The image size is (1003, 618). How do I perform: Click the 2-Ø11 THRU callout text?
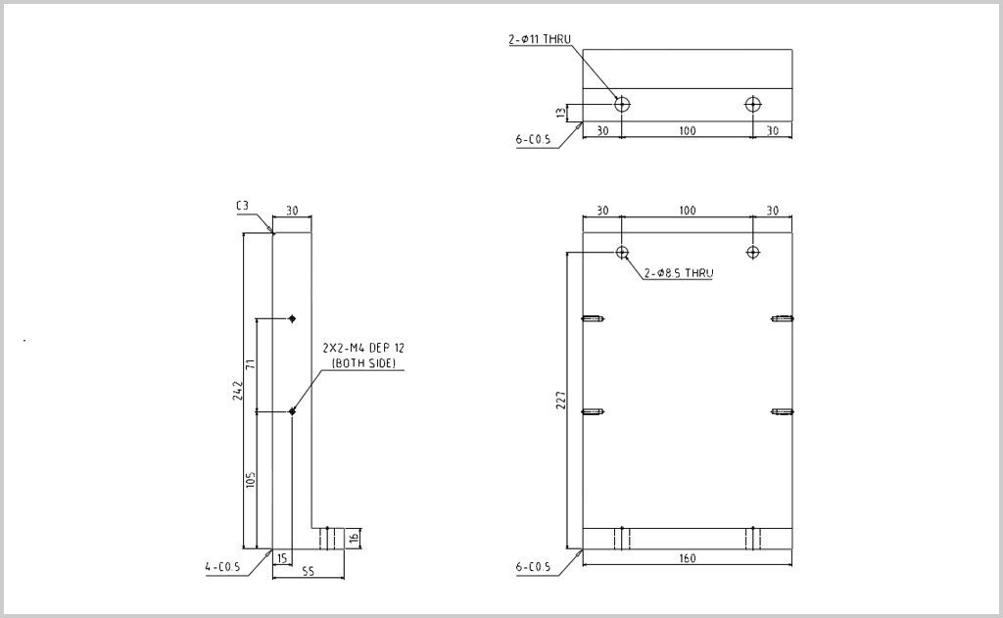click(x=540, y=39)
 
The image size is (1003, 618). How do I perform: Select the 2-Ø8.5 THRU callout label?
click(x=679, y=273)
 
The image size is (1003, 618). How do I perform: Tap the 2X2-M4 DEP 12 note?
click(x=363, y=348)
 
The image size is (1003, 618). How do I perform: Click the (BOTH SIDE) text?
click(x=363, y=363)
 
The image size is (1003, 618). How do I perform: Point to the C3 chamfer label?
click(x=242, y=206)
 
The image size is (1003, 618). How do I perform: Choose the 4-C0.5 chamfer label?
click(x=222, y=567)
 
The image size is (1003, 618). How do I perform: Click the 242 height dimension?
click(x=238, y=391)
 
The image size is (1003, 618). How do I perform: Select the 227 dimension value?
click(x=561, y=401)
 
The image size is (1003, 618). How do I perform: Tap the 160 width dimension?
click(x=687, y=558)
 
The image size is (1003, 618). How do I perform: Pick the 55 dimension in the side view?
click(x=309, y=571)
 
